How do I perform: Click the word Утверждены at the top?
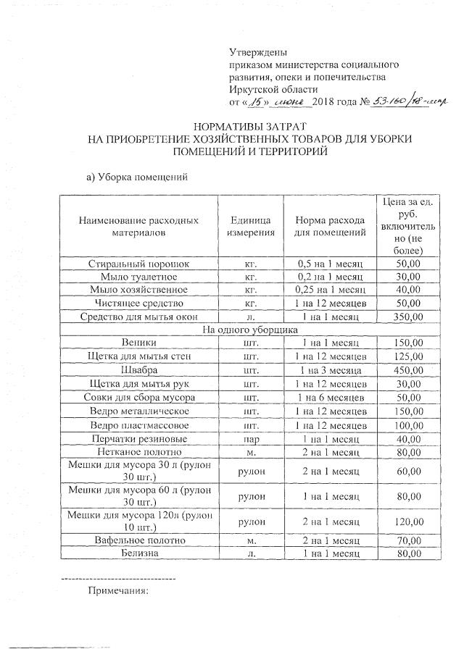pos(257,53)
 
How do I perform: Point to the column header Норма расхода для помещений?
pos(329,226)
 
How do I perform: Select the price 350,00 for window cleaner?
pos(408,317)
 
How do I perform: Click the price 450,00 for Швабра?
pos(408,369)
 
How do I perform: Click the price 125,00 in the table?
pos(408,356)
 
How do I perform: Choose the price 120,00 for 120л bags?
pos(408,521)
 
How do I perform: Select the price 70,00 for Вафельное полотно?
pos(408,540)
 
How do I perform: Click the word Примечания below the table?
pos(117,590)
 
